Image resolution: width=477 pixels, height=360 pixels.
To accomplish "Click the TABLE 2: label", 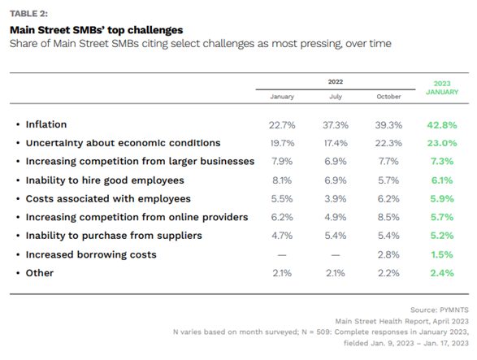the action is point(28,14).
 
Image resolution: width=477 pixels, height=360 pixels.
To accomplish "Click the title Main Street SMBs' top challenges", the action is point(97,30).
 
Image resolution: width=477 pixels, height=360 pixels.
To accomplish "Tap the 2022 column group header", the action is point(336,81).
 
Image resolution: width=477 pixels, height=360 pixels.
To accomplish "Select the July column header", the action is point(336,97).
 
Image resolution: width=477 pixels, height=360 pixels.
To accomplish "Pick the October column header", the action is point(388,97).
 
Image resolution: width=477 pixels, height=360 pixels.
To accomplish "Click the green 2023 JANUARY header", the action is point(442,88).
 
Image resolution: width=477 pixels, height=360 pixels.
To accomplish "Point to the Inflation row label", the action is point(46,124).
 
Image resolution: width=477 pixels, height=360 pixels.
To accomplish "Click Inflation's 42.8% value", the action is point(442,125).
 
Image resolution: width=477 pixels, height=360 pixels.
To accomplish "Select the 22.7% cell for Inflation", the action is point(282,125).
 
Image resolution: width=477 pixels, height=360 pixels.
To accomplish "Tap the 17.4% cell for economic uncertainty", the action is point(336,143).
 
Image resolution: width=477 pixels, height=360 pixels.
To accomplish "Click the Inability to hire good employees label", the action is point(105,180).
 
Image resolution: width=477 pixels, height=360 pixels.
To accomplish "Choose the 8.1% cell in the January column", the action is point(282,180).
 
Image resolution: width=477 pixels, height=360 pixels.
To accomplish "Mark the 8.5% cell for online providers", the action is point(388,217).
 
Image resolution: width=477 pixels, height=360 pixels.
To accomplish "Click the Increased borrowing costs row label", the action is point(91,254).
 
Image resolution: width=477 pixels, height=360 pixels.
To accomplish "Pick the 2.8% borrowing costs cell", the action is point(388,254).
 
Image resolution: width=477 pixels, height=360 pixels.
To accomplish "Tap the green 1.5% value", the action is point(442,254).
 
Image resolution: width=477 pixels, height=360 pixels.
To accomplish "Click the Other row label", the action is point(40,273).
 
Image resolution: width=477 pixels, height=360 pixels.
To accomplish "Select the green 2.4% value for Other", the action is point(442,273).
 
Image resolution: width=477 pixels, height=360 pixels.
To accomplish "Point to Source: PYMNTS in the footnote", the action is point(440,310).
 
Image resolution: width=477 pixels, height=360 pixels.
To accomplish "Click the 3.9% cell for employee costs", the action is point(336,199).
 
